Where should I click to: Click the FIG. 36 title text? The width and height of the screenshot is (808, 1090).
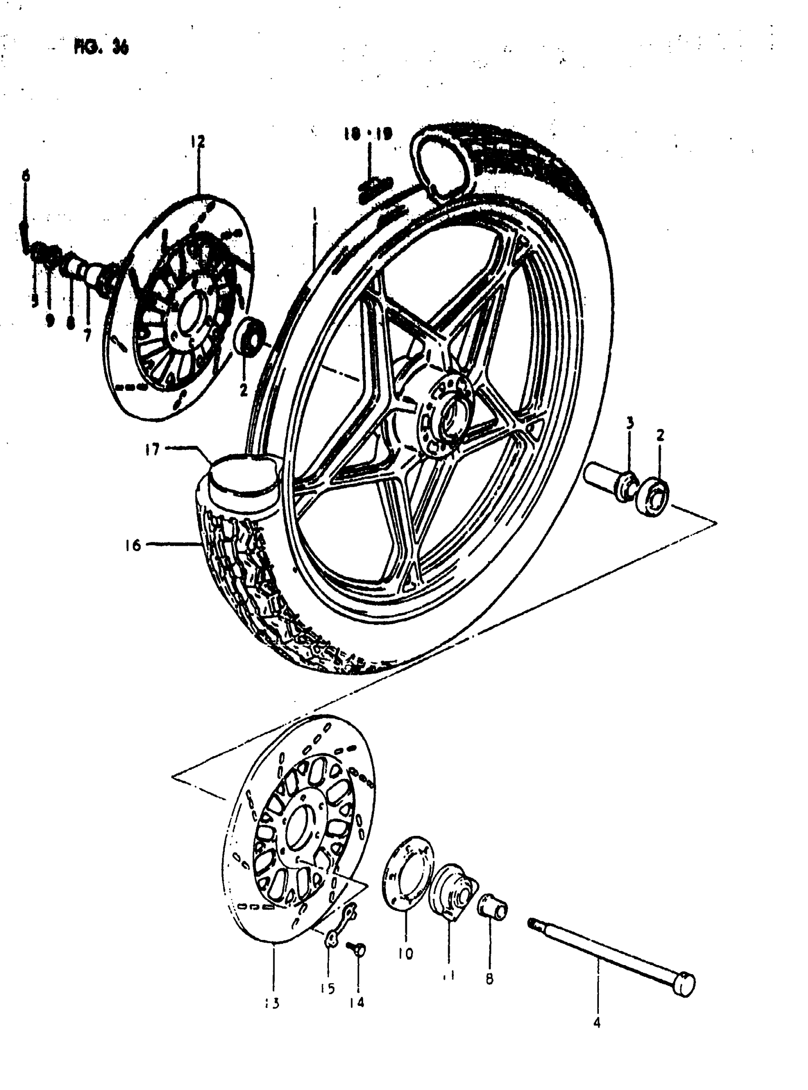coord(101,47)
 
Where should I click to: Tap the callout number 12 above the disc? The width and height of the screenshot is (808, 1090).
coord(198,142)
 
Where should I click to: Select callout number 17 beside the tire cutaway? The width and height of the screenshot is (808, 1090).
coord(152,449)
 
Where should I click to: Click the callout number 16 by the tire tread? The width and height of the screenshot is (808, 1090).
coord(133,545)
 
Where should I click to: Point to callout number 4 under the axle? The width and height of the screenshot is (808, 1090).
coord(596,1022)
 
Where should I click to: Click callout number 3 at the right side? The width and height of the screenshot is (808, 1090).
coord(630,423)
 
